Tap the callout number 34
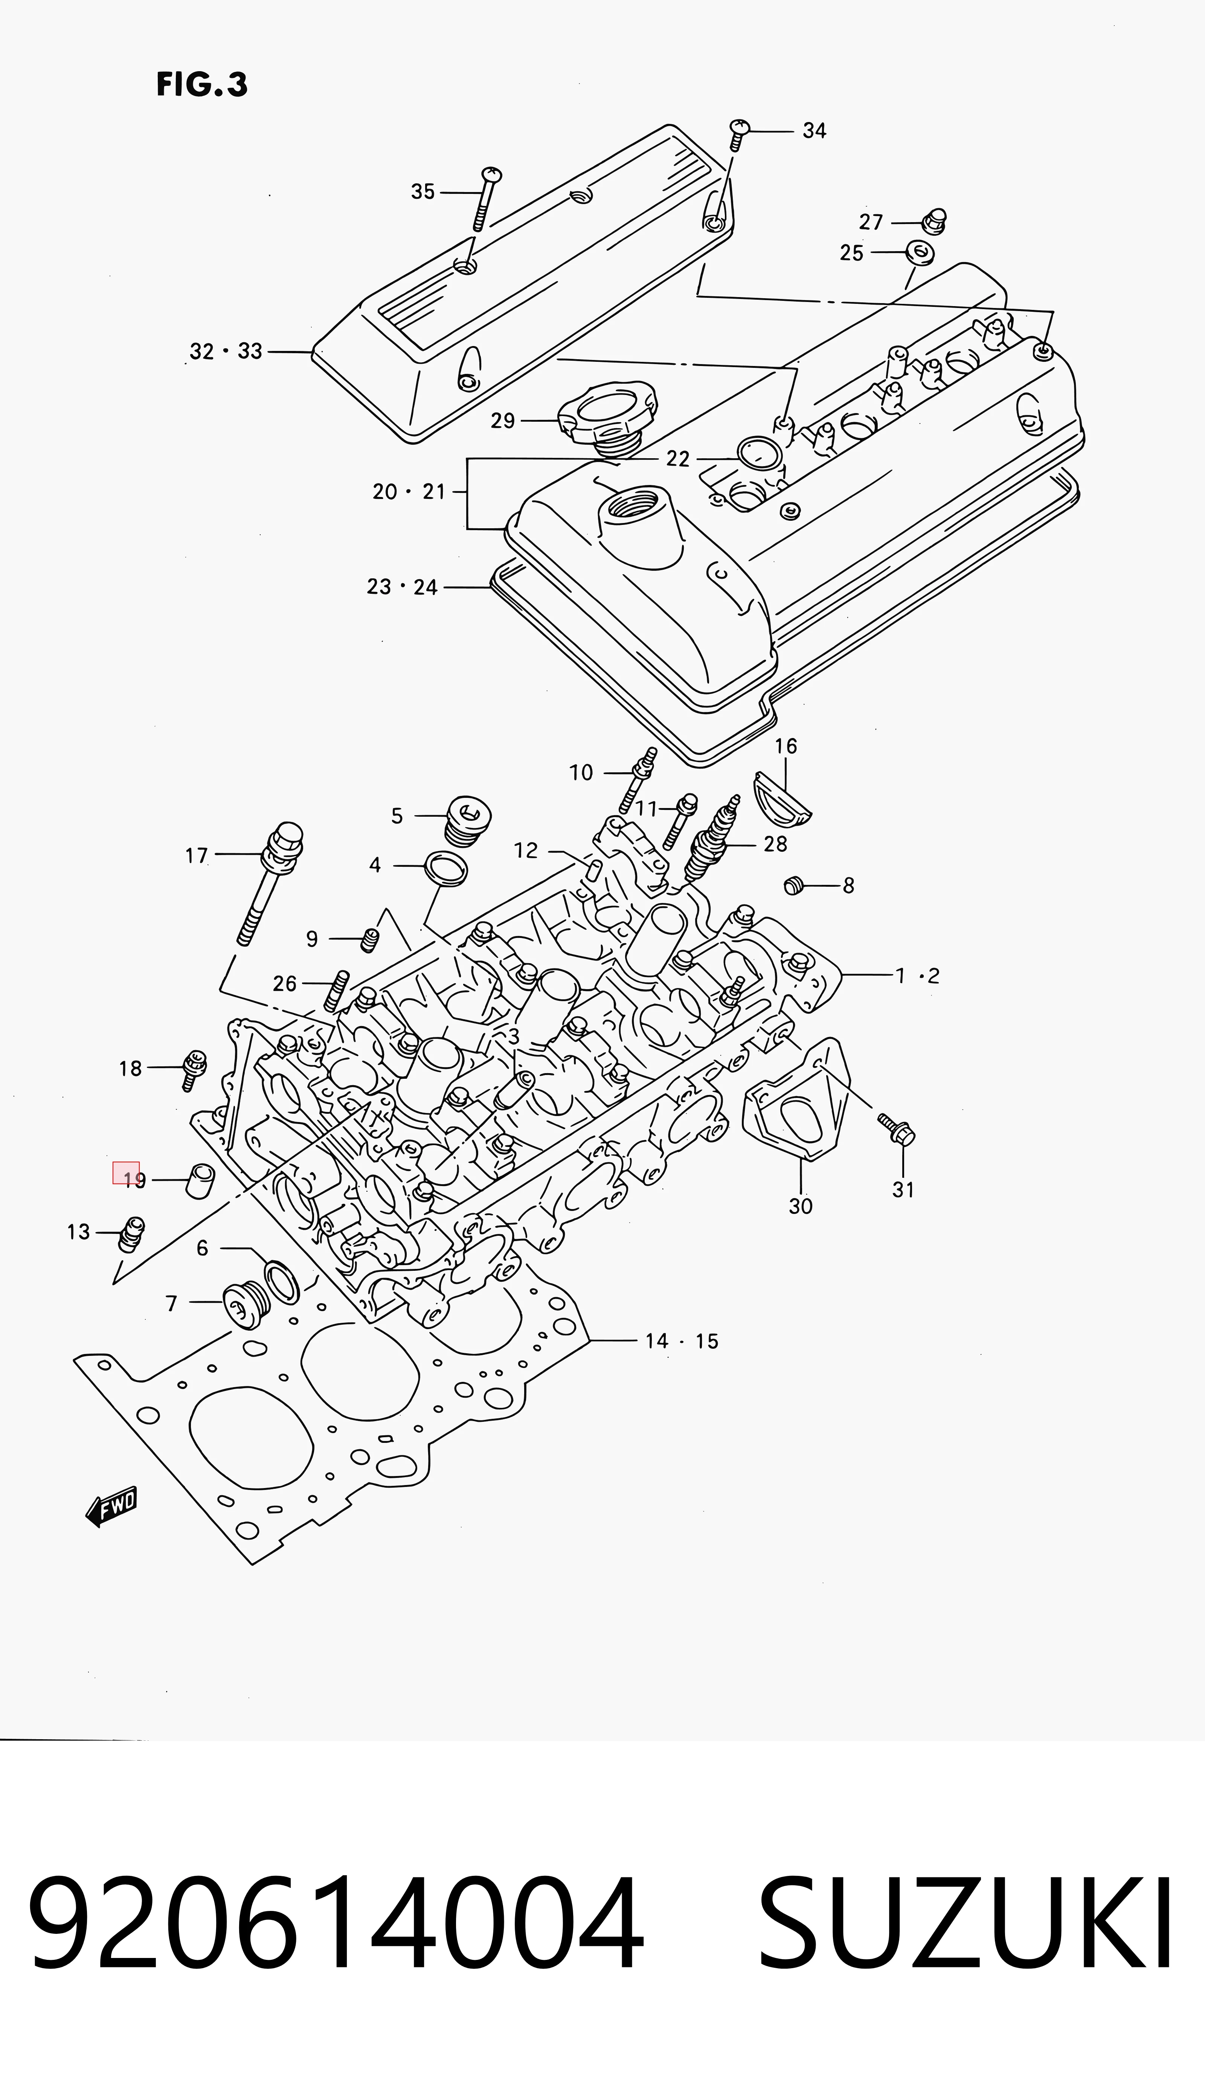click(x=815, y=131)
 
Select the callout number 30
click(x=800, y=1206)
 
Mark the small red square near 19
click(x=126, y=1172)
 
